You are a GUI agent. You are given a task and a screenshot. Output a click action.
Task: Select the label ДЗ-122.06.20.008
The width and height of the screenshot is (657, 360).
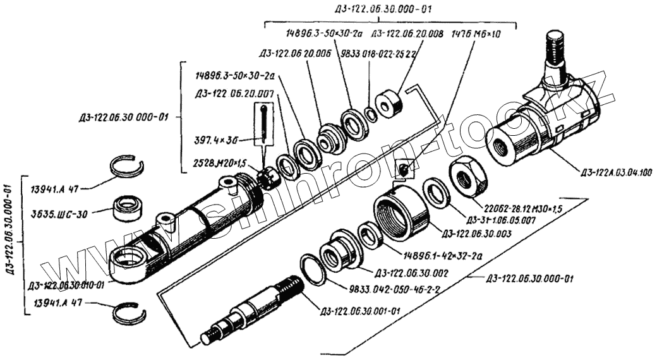click(x=407, y=33)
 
